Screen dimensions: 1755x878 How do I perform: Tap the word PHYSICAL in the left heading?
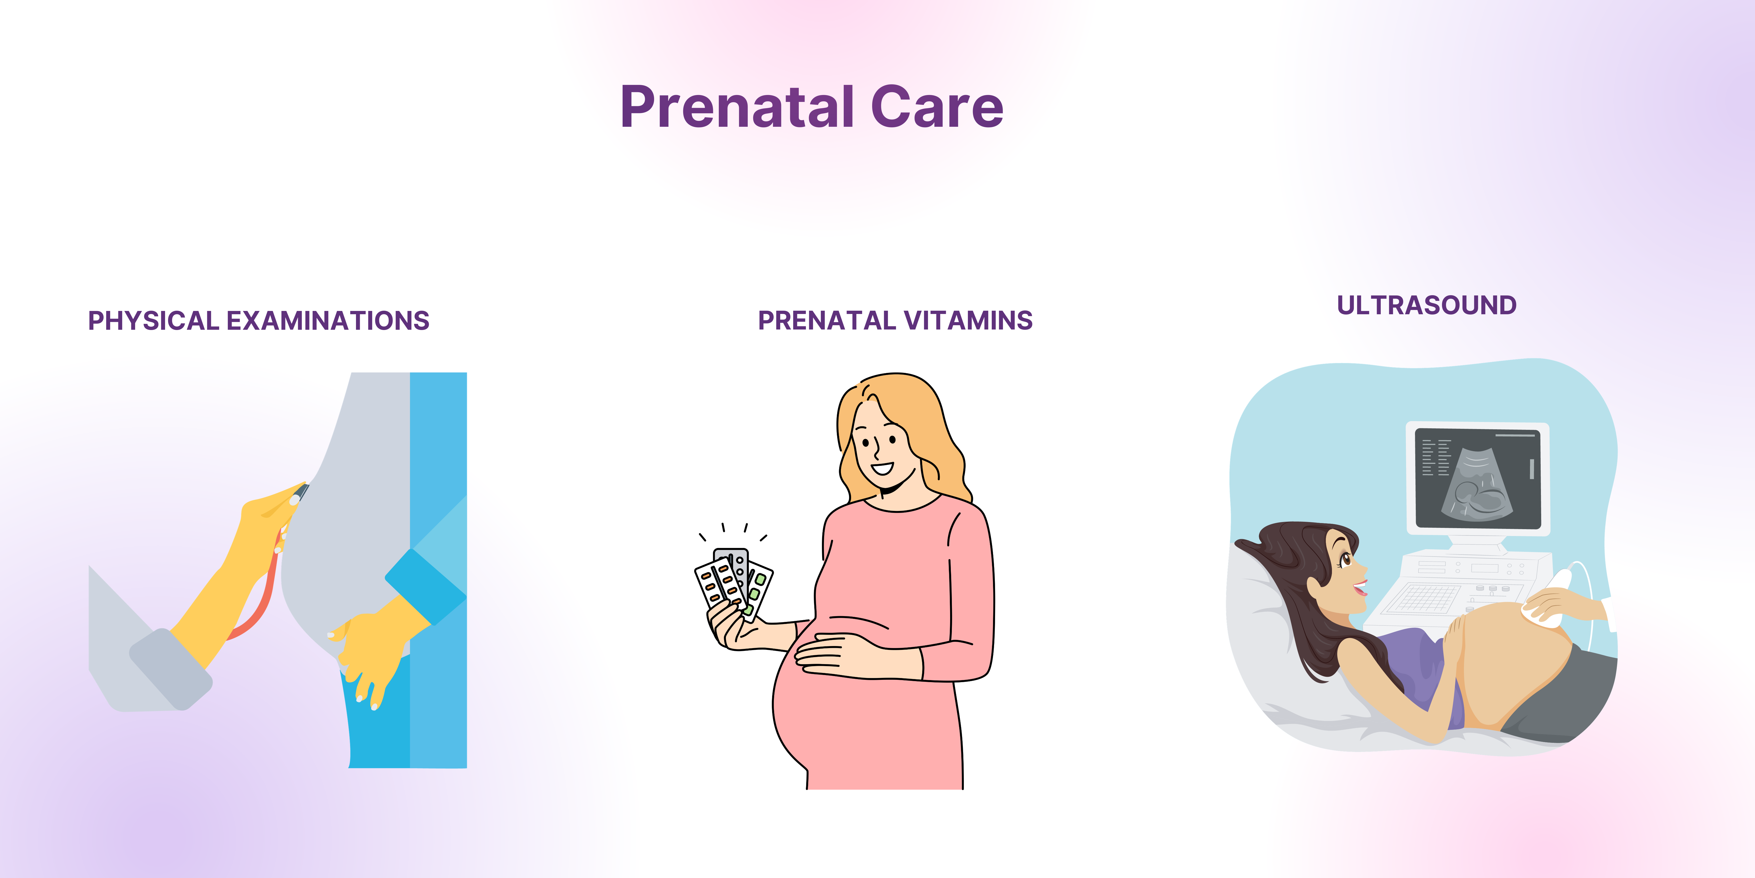pos(153,320)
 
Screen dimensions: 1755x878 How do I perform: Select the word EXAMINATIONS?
pos(328,320)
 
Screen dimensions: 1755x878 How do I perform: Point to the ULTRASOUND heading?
pos(1427,305)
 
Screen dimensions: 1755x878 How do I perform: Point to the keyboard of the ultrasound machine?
pos(1427,599)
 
